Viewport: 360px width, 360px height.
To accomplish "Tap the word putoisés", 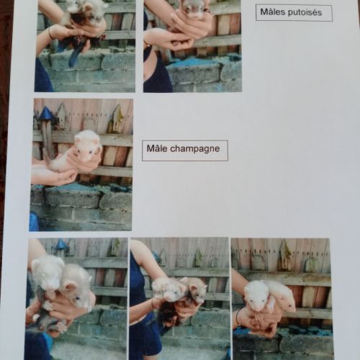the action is tap(305, 12).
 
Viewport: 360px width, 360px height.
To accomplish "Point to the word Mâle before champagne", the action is tap(157, 148).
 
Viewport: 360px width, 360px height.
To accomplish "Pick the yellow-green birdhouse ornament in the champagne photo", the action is tap(116, 119).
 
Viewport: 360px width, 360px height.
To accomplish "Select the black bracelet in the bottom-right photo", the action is tap(238, 318).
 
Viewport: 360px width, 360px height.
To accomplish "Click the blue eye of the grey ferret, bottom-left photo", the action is tap(77, 298).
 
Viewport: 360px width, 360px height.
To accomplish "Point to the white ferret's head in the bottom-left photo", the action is tap(47, 272).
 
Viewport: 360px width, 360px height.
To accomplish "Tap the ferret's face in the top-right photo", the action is tap(192, 9).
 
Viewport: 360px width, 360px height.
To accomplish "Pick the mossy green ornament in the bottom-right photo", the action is tap(285, 255).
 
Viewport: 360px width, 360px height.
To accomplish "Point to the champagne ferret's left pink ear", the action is tap(79, 139).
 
